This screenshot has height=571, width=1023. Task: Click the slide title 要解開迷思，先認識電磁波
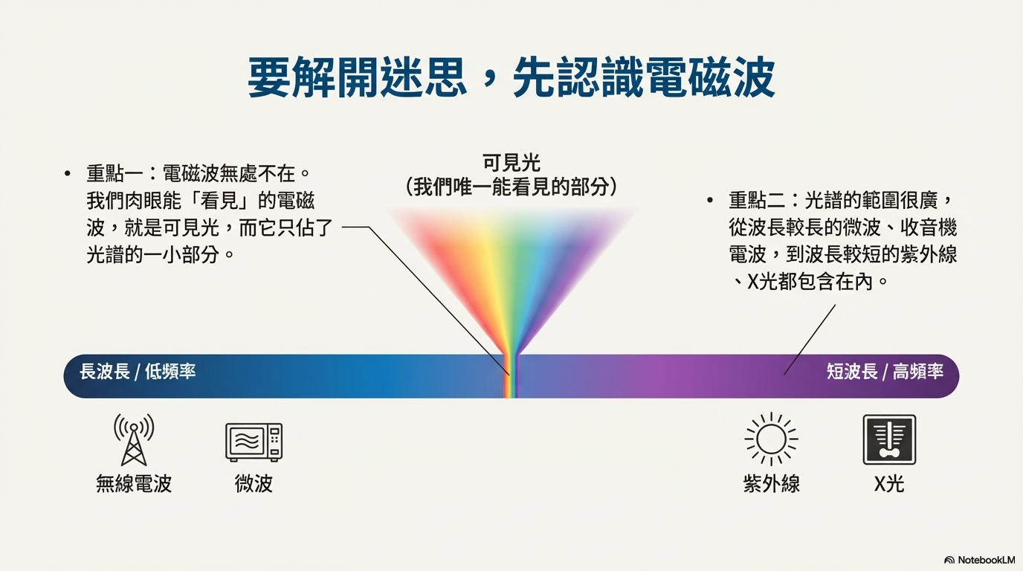coord(511,77)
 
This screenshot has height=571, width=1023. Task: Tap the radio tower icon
coord(134,439)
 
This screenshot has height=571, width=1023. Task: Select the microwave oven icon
coord(254,442)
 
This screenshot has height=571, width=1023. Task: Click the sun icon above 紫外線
coord(771,439)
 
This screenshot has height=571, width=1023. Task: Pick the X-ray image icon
coord(888,439)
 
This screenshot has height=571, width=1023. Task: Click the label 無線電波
coord(134,484)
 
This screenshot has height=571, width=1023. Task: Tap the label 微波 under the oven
coord(254,484)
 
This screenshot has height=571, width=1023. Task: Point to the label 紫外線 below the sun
coord(771,484)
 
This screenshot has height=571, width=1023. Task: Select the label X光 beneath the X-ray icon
coord(888,484)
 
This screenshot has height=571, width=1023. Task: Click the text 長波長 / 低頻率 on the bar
coord(138,372)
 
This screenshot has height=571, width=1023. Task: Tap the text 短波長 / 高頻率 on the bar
coord(885,372)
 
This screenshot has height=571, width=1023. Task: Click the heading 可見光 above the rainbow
coord(512,163)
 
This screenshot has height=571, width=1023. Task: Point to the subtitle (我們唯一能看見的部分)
coord(512,187)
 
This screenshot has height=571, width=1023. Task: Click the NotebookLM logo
coord(979,560)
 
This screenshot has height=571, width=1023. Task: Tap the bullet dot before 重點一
coord(68,175)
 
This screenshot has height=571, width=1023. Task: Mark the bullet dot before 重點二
coord(711,201)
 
